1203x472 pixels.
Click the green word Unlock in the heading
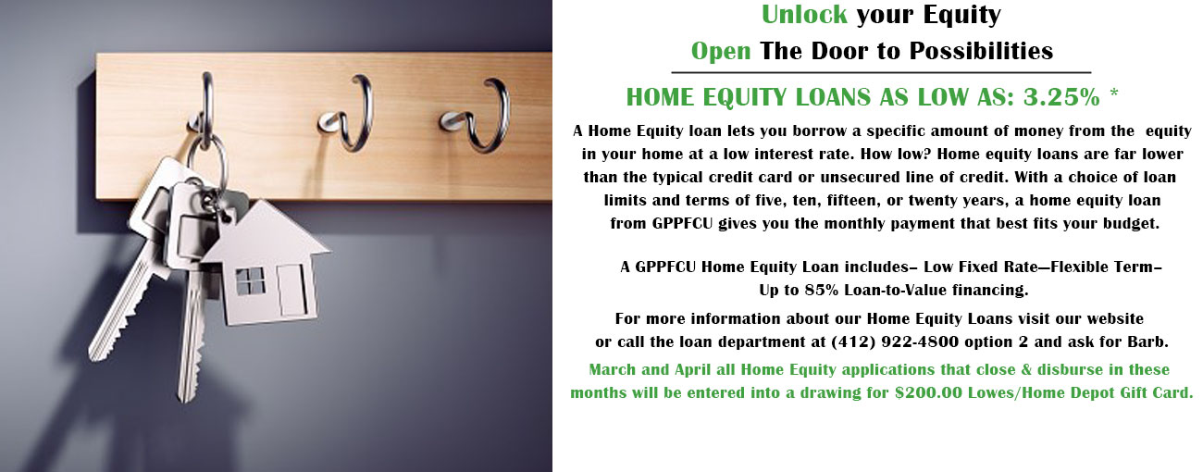(804, 15)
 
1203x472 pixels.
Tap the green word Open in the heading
(721, 52)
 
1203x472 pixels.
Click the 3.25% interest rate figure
(1061, 97)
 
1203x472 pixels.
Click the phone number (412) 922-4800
(895, 342)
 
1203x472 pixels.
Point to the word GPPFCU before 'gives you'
(682, 223)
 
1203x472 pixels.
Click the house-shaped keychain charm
(266, 263)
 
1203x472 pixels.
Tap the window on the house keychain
(250, 281)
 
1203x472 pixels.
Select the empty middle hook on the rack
(352, 114)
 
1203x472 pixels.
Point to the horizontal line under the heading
(881, 72)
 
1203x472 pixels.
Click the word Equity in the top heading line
(961, 15)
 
